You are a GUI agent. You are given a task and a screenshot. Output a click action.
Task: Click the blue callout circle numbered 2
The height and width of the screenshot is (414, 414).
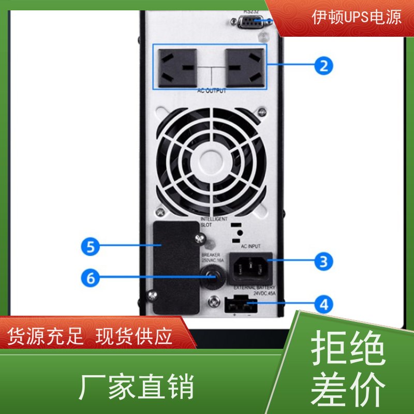pos(323,66)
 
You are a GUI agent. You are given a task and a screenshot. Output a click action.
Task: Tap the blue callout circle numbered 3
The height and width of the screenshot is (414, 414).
pos(323,261)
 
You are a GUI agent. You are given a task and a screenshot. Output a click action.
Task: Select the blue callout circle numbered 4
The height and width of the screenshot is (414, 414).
pos(323,304)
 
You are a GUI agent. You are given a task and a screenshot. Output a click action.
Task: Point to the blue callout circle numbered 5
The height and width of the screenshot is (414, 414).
pos(91,247)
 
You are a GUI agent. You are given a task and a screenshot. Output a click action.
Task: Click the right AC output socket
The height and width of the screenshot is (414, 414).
pos(244,68)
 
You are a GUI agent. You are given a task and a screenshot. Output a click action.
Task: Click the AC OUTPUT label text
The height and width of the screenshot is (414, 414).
pos(212,91)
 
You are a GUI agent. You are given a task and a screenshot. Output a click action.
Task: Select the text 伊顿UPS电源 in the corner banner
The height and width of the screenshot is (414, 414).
pos(357,17)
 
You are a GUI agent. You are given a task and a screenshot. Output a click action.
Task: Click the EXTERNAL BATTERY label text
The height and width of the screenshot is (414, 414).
pos(254,287)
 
